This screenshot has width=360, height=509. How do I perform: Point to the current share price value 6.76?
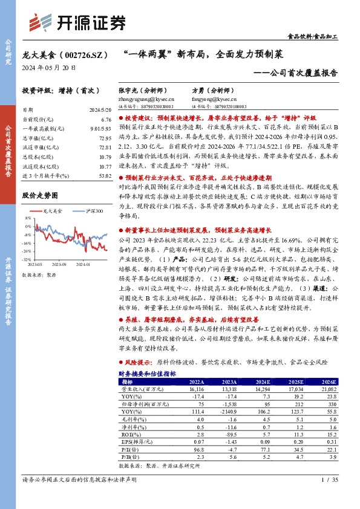click(106, 120)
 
